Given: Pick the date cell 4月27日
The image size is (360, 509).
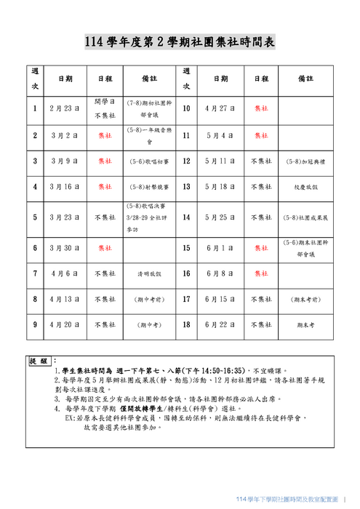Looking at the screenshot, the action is tap(220, 108).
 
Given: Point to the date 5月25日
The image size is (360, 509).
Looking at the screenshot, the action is tap(220, 217).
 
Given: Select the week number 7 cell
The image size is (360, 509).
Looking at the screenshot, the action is tap(34, 274).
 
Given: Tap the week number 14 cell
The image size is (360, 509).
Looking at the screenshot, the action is tap(186, 217).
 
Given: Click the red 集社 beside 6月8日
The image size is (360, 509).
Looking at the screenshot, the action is tap(261, 274).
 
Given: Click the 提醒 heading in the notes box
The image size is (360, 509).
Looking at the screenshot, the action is tap(39, 361).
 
